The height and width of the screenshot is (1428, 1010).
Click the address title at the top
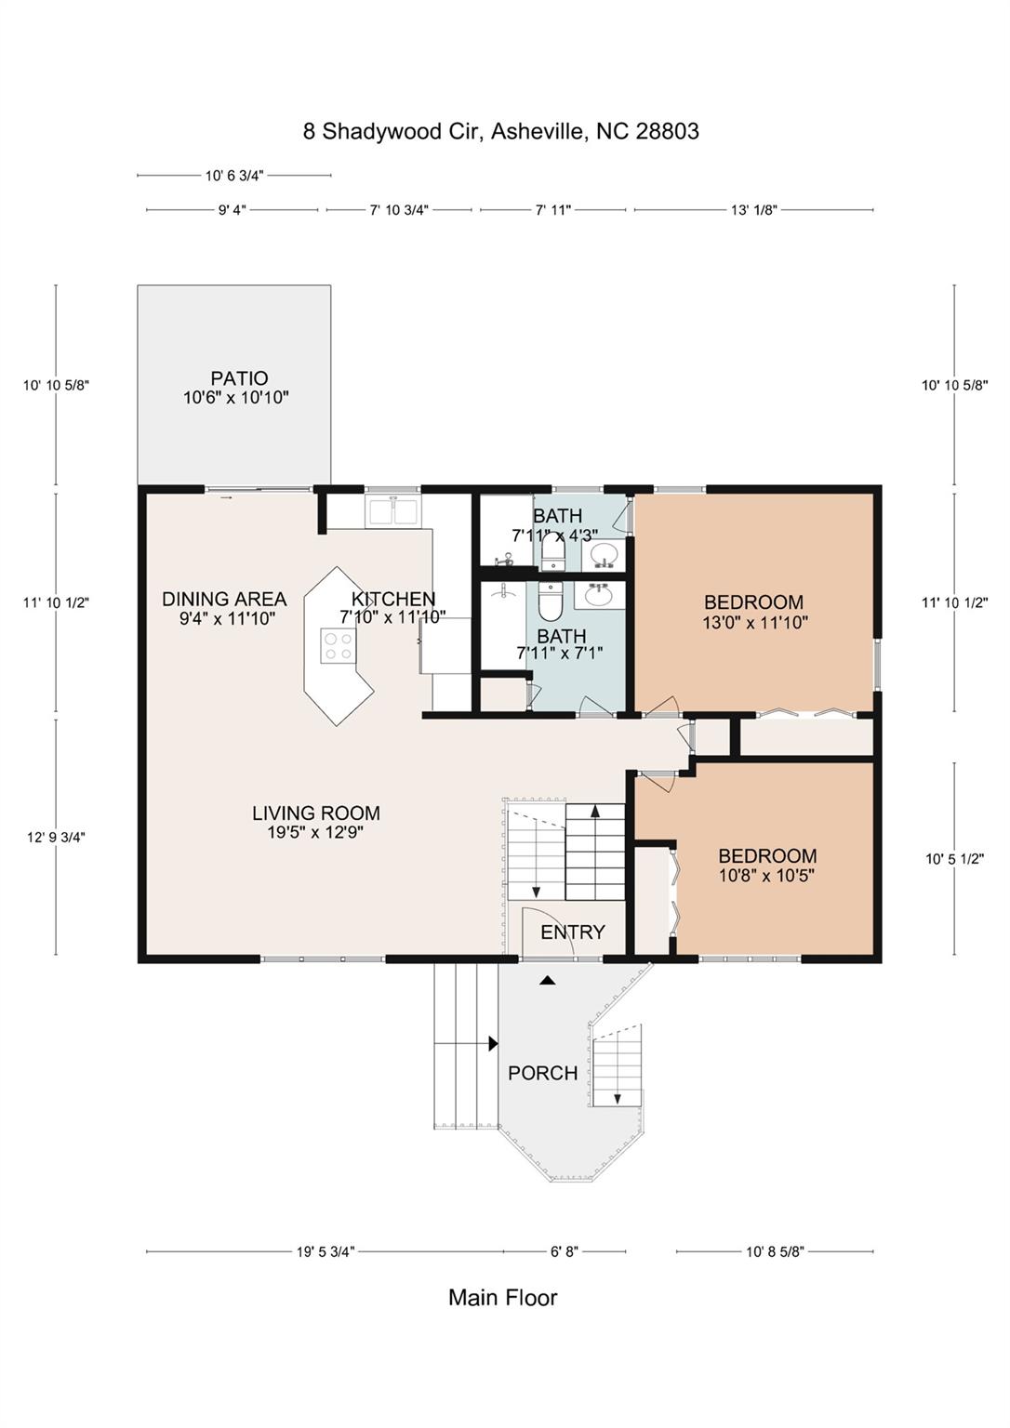click(x=500, y=131)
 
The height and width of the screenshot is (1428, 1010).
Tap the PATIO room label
click(x=239, y=378)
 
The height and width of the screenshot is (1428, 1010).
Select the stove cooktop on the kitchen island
click(x=338, y=645)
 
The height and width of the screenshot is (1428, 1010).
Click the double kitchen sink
click(x=393, y=511)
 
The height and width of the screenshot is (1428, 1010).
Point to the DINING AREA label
click(x=224, y=600)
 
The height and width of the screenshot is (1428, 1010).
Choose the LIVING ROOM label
click(x=315, y=813)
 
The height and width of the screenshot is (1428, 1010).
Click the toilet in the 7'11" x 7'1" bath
click(x=551, y=602)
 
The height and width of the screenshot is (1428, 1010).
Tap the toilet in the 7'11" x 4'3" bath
click(x=552, y=554)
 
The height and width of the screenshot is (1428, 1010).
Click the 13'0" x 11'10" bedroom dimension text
click(x=754, y=623)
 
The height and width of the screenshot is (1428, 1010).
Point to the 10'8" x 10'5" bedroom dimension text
click(x=766, y=875)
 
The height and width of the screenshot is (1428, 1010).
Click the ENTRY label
click(x=572, y=932)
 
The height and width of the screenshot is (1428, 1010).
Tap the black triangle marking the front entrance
click(x=548, y=980)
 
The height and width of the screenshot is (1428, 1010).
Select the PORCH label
click(x=542, y=1073)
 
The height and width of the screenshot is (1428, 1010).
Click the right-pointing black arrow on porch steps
click(x=493, y=1044)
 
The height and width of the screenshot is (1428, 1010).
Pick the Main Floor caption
click(x=502, y=1298)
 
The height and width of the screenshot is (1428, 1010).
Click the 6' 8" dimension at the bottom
click(x=564, y=1251)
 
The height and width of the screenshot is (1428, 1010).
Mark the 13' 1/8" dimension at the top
click(x=753, y=210)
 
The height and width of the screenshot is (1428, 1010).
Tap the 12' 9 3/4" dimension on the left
click(x=56, y=837)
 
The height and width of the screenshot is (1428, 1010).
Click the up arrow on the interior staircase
click(x=594, y=812)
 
